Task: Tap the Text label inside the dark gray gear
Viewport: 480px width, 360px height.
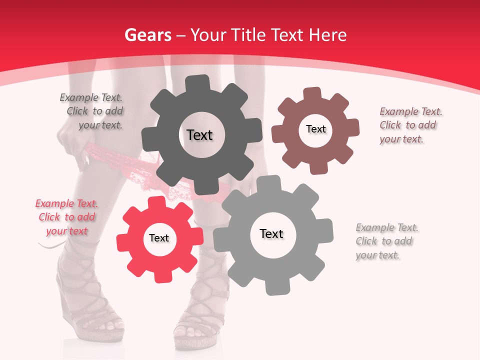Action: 199,135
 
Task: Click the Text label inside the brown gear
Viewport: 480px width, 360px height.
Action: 315,129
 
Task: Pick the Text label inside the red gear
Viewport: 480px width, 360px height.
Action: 159,238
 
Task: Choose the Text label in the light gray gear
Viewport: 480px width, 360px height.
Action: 271,233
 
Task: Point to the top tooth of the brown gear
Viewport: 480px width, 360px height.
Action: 312,93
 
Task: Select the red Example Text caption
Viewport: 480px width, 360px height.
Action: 66,217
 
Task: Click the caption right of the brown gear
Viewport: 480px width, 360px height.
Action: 410,125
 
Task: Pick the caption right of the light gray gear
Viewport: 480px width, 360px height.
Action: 387,241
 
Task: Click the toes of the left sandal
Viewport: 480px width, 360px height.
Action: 107,325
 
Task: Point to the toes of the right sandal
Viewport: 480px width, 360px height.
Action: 192,330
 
